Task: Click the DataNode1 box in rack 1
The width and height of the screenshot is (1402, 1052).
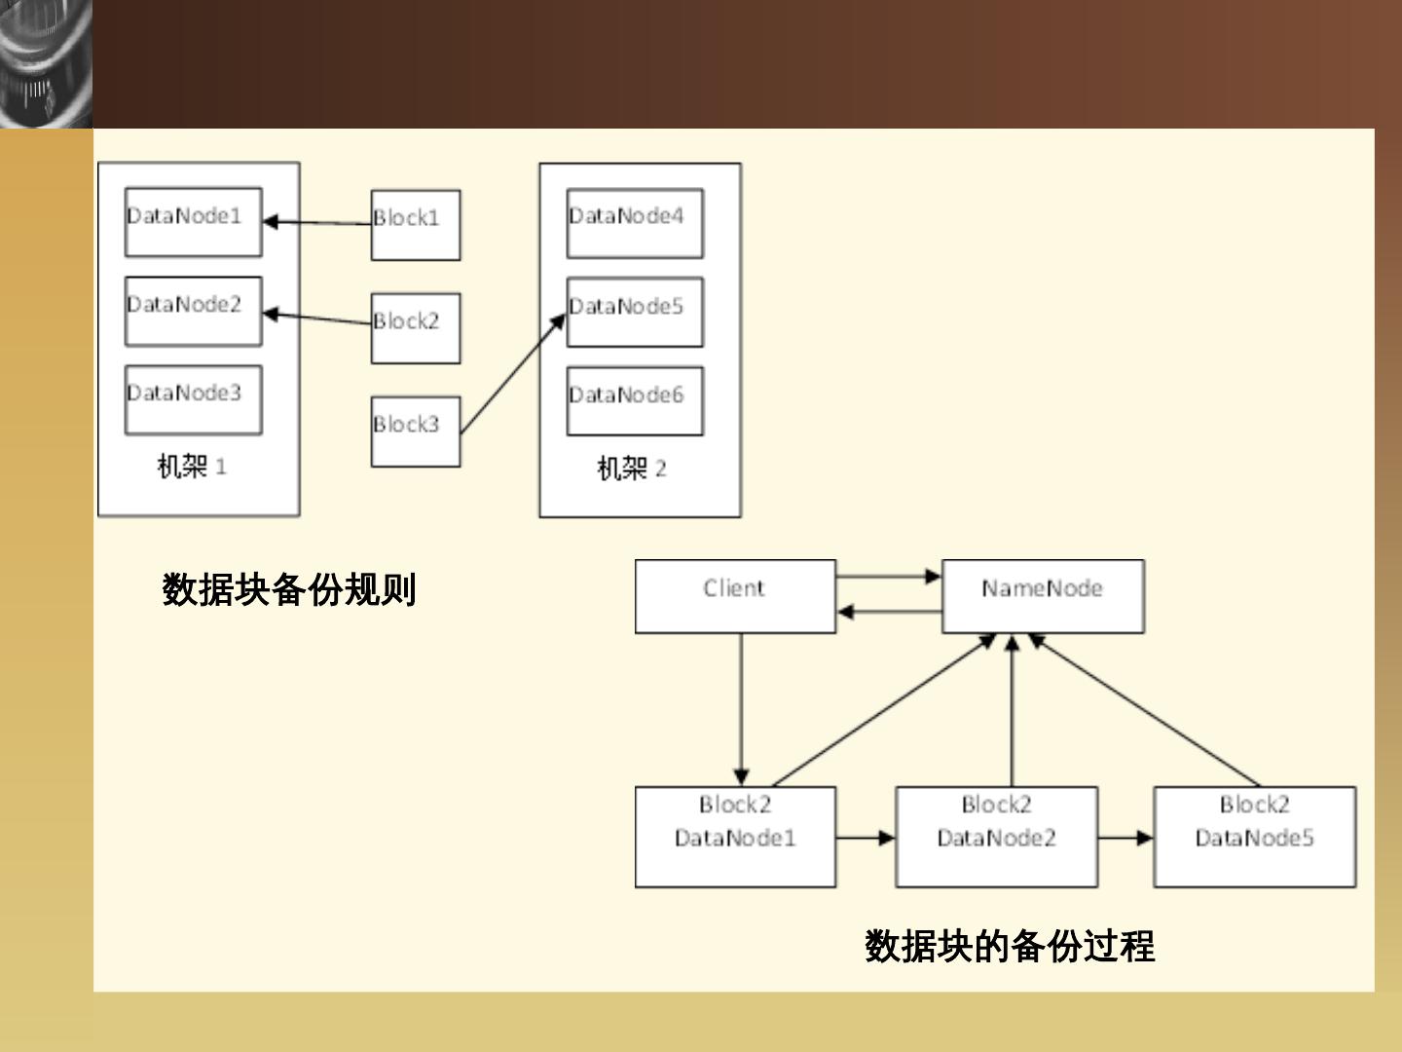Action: point(194,222)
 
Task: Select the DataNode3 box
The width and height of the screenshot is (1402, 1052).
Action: point(194,399)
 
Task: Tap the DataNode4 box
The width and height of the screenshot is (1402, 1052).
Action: point(636,223)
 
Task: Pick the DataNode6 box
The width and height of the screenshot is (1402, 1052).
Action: point(636,401)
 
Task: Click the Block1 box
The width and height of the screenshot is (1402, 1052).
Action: point(416,225)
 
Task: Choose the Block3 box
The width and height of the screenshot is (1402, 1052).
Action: point(416,432)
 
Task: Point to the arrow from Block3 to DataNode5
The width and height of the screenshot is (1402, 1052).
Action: point(513,374)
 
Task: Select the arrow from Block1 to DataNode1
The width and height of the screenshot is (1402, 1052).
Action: point(316,223)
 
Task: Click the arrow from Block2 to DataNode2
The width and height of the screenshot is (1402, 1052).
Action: point(316,319)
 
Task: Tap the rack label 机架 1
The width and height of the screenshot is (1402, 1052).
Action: point(192,467)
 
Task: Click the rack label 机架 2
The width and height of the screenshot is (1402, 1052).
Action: point(632,469)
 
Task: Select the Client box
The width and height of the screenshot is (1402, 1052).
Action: point(735,596)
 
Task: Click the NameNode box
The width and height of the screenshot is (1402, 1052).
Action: point(1043,596)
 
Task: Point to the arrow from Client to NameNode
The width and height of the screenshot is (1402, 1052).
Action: point(889,577)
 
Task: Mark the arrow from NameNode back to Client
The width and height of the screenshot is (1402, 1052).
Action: point(889,612)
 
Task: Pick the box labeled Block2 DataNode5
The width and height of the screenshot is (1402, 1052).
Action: point(1255,837)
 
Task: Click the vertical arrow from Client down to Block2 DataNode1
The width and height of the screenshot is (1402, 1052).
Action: point(741,710)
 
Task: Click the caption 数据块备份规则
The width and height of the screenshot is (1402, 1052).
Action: point(289,589)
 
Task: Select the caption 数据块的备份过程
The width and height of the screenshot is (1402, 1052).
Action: point(1010,946)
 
